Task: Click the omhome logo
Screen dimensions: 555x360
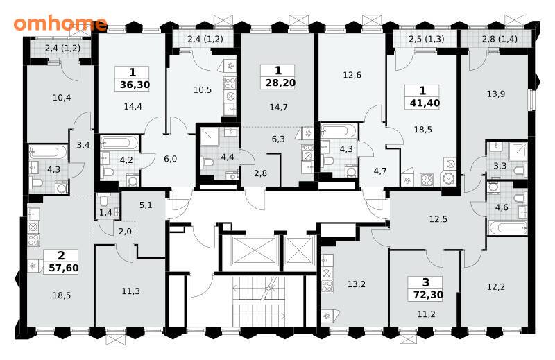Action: click(60, 24)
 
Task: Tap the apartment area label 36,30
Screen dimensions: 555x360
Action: click(135, 85)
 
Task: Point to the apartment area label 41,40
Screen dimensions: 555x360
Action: click(425, 103)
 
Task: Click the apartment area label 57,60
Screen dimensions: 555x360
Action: click(64, 268)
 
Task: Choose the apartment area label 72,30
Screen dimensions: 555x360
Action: click(428, 295)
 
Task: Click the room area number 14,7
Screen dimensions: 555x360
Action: click(279, 107)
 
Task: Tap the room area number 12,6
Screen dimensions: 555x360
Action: click(352, 75)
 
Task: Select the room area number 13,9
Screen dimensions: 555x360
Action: click(496, 94)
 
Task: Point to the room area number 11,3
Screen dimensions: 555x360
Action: click(131, 291)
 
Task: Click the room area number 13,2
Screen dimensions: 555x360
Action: click(357, 284)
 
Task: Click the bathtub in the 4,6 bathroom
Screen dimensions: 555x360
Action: click(507, 228)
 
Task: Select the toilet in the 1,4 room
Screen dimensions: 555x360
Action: click(103, 201)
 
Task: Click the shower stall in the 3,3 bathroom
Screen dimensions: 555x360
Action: click(518, 151)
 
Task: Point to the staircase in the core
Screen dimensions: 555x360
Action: click(259, 302)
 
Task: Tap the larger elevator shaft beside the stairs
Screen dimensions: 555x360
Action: click(254, 250)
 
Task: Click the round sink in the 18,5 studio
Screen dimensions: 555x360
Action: click(449, 178)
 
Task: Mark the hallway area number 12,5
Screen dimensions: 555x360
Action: click(438, 219)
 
